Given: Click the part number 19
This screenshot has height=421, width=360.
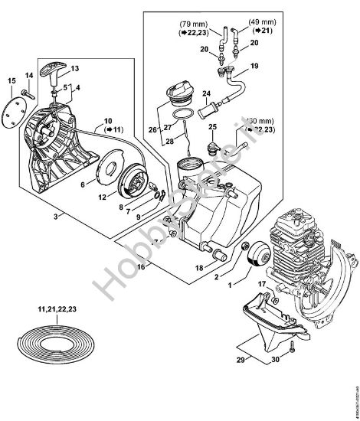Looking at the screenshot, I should [x=254, y=67].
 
